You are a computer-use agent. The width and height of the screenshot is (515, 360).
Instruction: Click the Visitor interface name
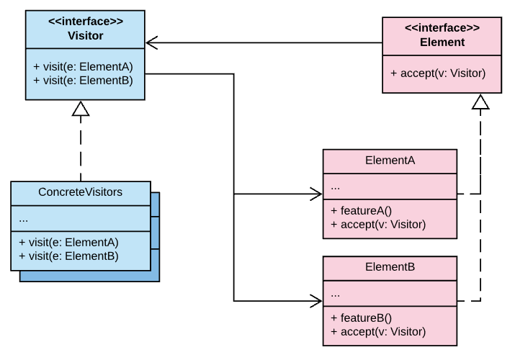click(x=86, y=35)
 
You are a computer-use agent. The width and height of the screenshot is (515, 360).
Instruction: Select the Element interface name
click(x=442, y=42)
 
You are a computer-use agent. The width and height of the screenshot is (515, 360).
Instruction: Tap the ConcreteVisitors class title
click(x=80, y=192)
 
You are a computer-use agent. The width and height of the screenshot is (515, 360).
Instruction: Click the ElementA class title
click(x=390, y=161)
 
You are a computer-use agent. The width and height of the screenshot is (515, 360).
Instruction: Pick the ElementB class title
click(x=390, y=266)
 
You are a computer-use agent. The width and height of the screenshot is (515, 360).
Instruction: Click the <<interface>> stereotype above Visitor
click(x=86, y=22)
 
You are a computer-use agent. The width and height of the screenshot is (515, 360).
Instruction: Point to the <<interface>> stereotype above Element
click(x=442, y=28)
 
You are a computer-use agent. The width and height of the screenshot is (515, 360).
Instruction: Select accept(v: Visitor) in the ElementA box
click(x=378, y=224)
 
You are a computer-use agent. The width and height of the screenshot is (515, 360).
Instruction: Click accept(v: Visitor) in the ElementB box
click(x=378, y=331)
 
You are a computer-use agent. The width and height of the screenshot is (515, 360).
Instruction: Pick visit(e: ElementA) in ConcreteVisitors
click(x=69, y=242)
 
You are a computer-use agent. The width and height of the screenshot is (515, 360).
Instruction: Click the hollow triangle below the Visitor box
click(x=80, y=109)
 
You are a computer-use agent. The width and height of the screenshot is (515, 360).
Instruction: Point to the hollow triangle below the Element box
click(x=480, y=102)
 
